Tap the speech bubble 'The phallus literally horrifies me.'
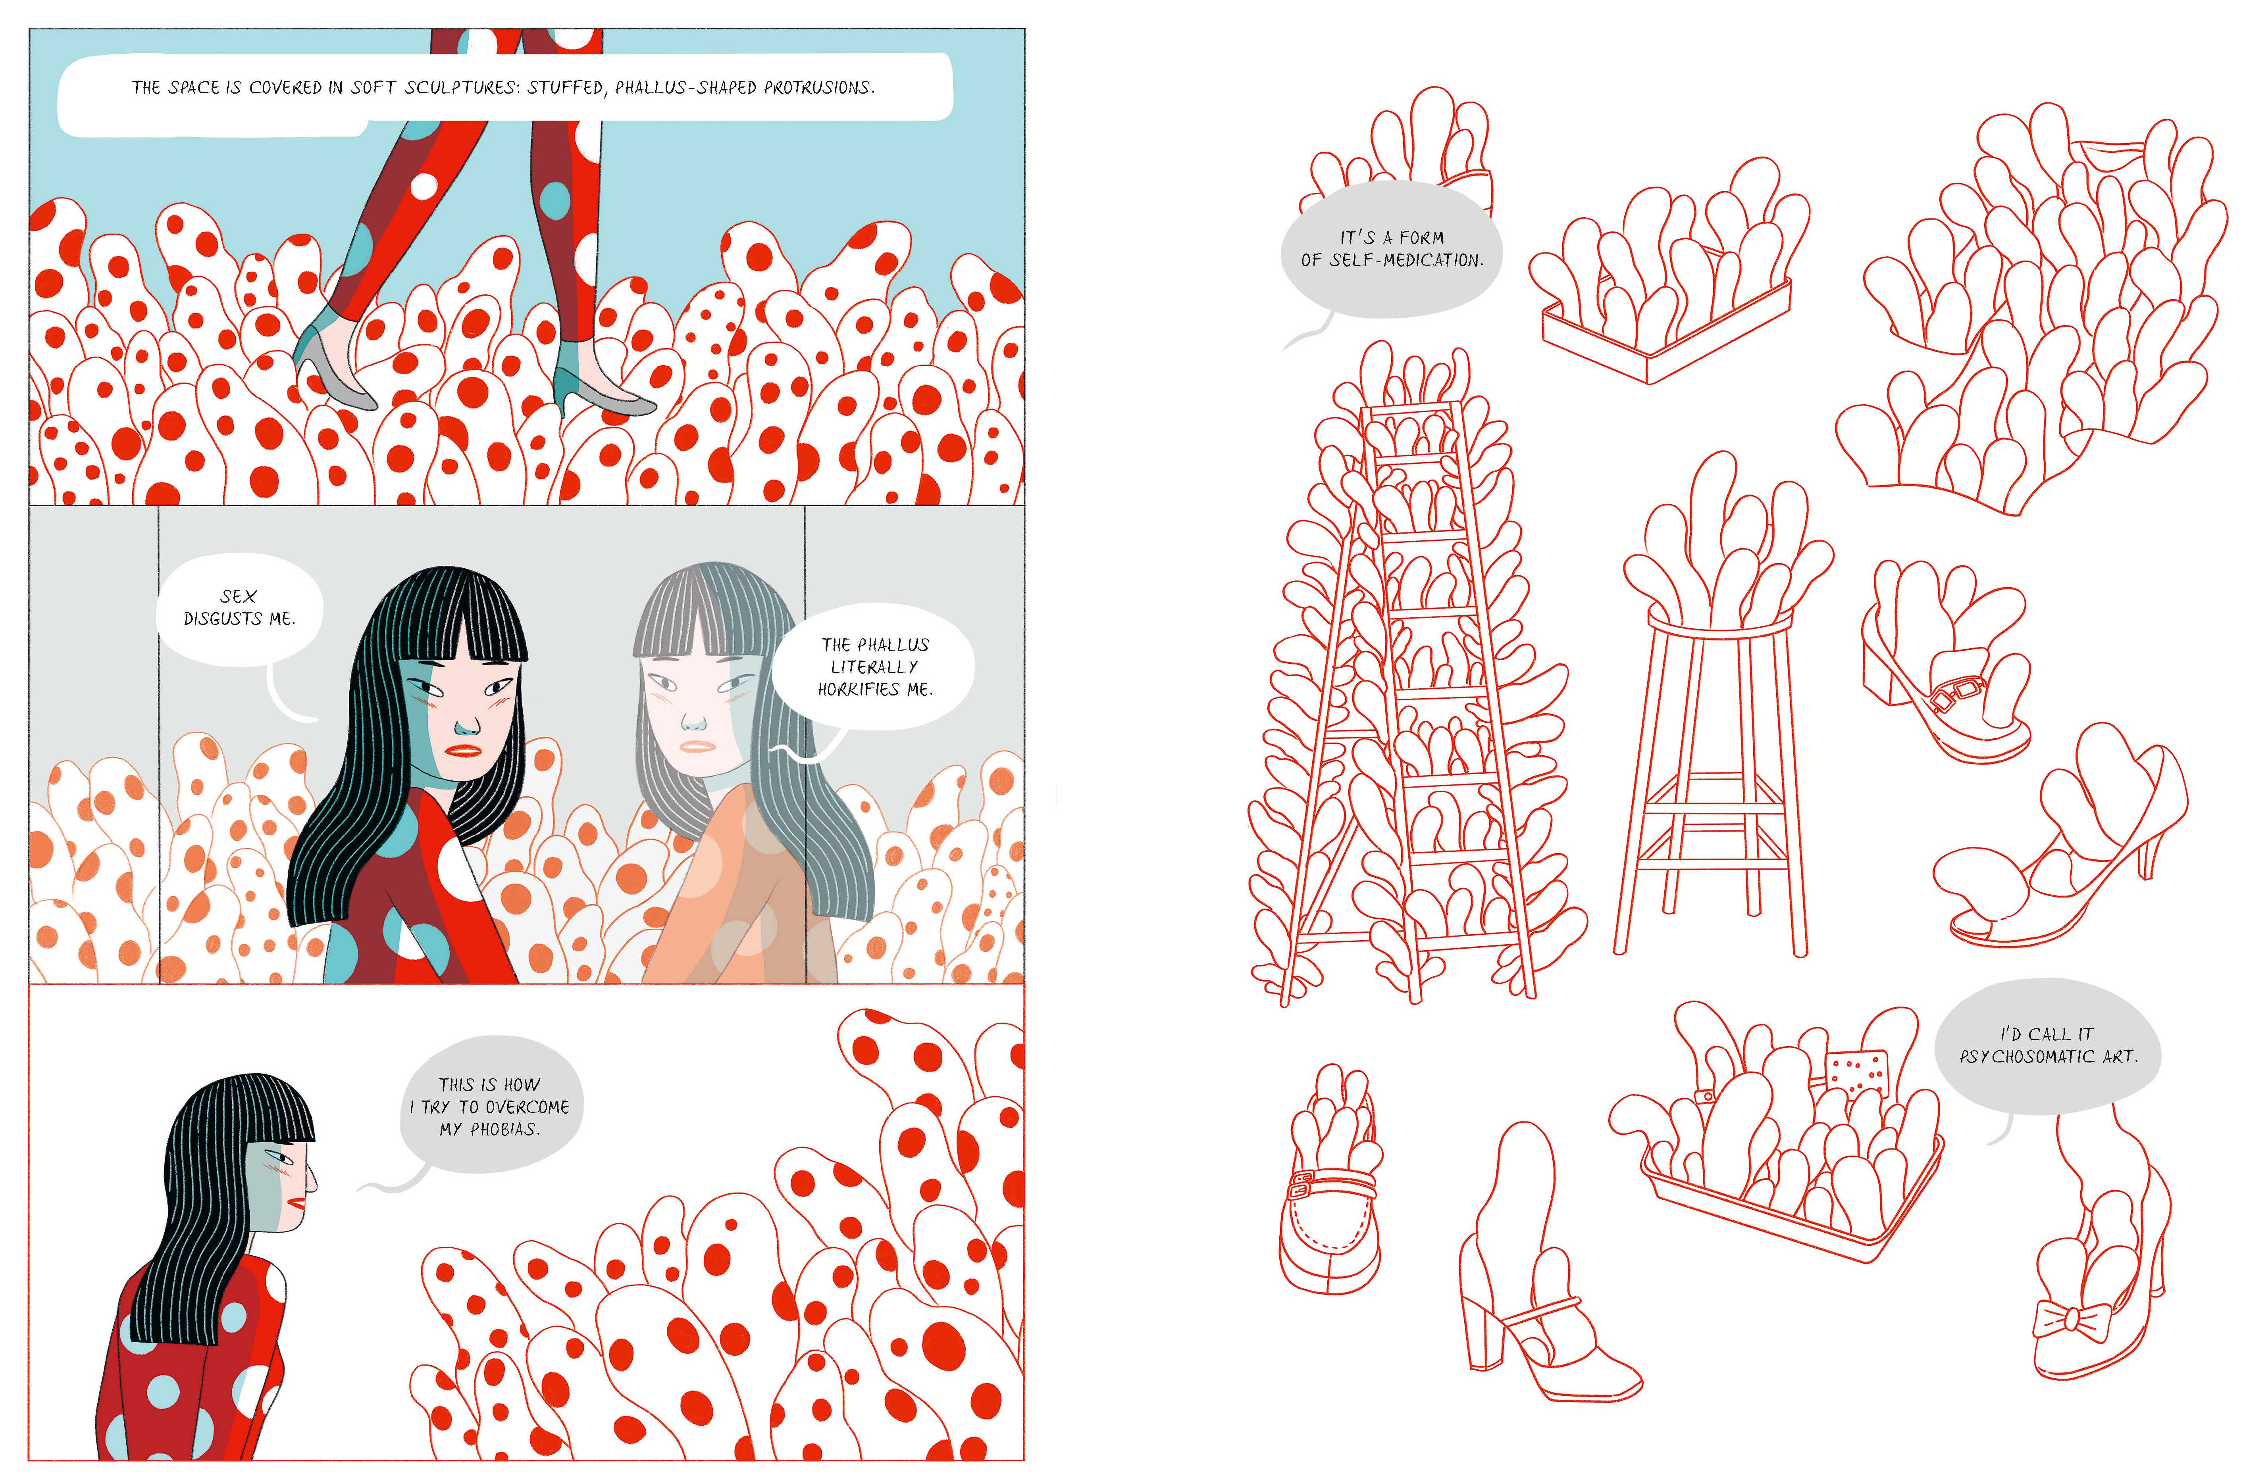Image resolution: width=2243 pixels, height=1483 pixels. [872, 667]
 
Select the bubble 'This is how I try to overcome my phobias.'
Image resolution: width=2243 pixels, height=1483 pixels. [490, 1105]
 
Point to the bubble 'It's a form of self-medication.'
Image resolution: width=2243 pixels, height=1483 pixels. [1391, 249]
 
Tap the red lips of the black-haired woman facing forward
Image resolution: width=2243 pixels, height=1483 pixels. [464, 751]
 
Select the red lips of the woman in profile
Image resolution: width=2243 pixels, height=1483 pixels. [296, 1204]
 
